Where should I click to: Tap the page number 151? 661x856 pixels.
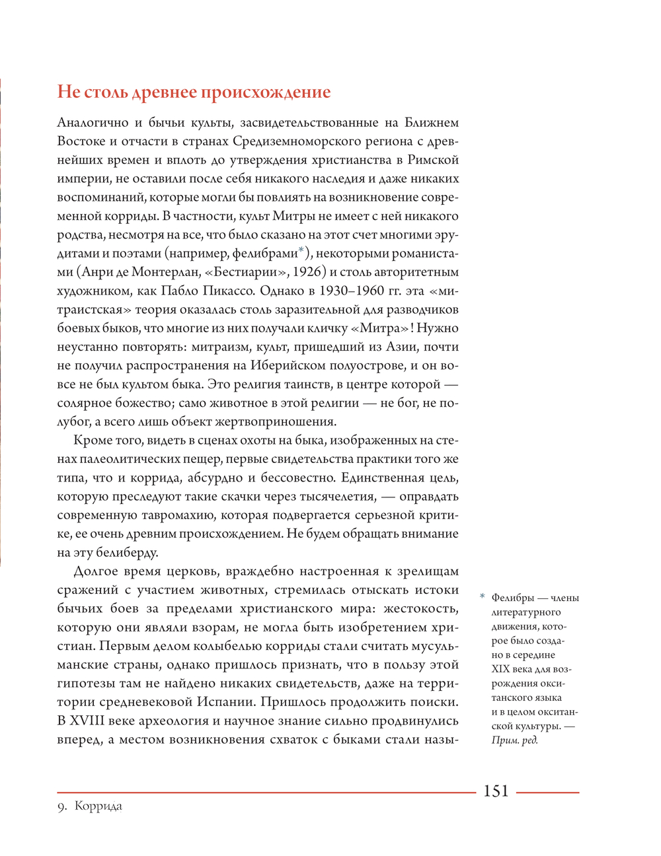tap(496, 791)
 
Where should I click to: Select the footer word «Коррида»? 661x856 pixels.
tap(98, 806)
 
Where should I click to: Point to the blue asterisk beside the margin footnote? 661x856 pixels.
tap(482, 597)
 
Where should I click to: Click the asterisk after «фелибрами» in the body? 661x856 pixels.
tap(301, 250)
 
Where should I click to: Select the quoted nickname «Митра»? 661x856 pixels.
tap(383, 328)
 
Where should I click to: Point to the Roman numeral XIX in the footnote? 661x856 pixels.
tap(500, 669)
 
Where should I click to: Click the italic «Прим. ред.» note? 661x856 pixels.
tap(515, 740)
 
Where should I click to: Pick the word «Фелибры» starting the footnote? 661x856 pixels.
tap(512, 598)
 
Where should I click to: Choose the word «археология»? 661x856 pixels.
tap(171, 721)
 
